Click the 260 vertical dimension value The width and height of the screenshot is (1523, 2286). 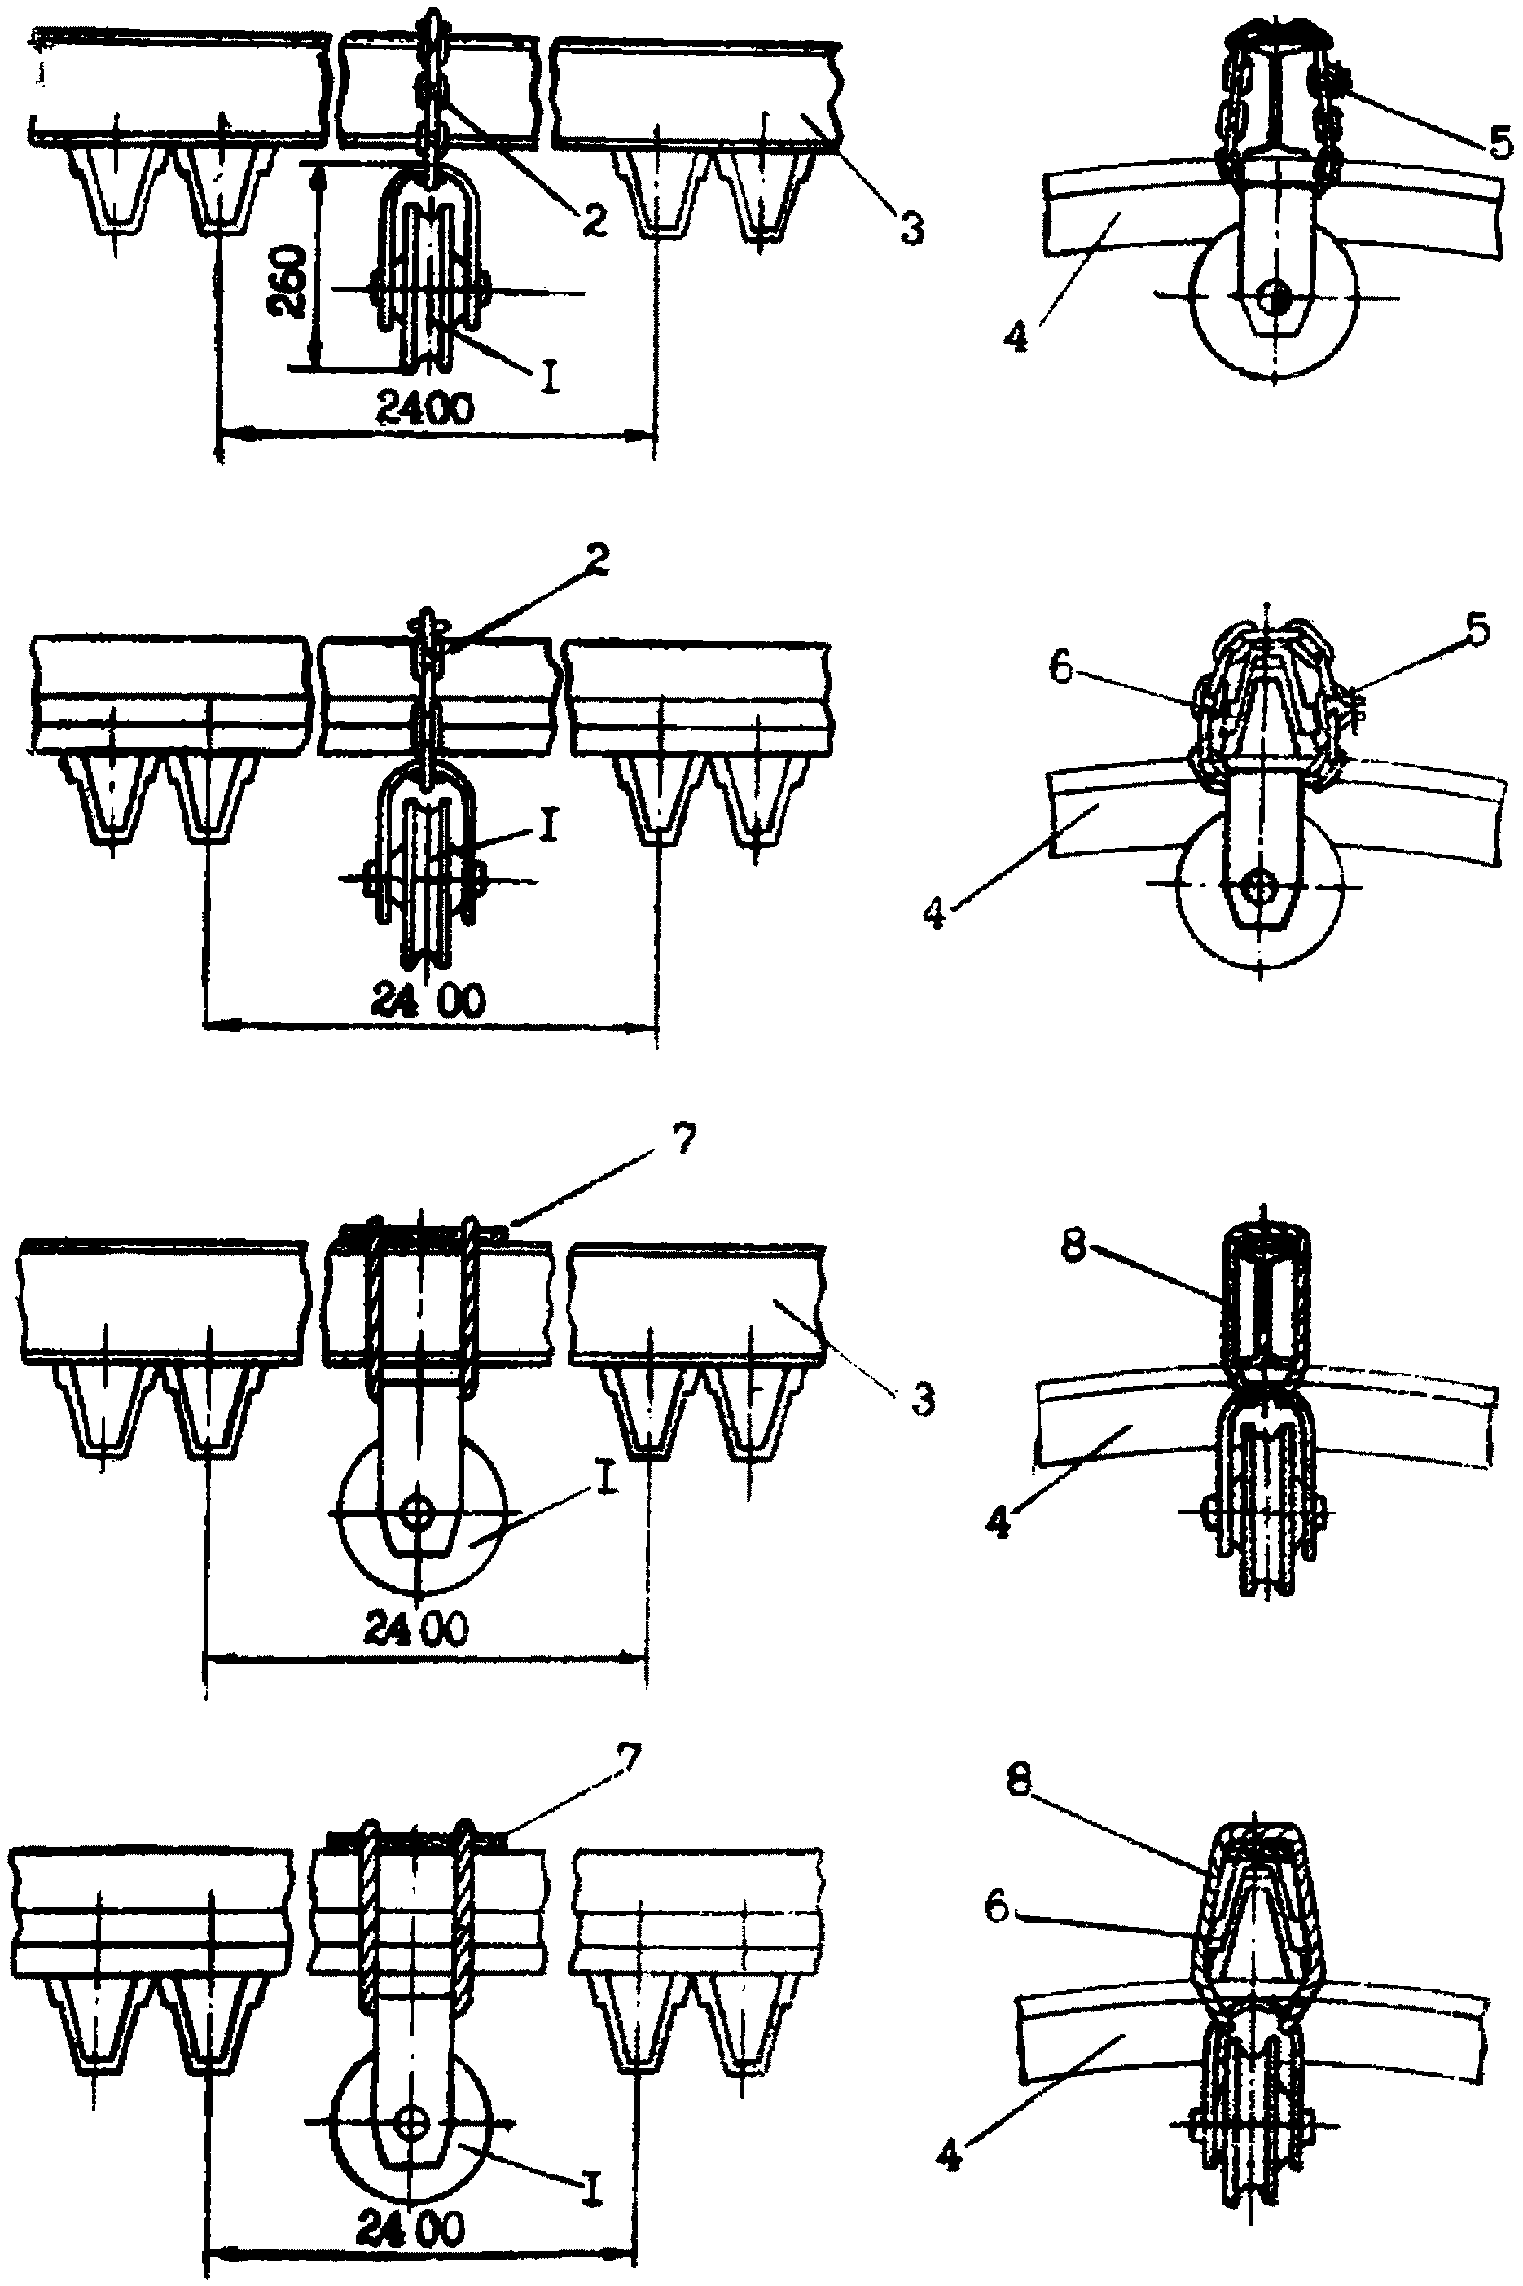point(288,282)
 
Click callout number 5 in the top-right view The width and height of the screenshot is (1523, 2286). point(1499,143)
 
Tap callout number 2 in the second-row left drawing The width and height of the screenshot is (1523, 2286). point(599,558)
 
